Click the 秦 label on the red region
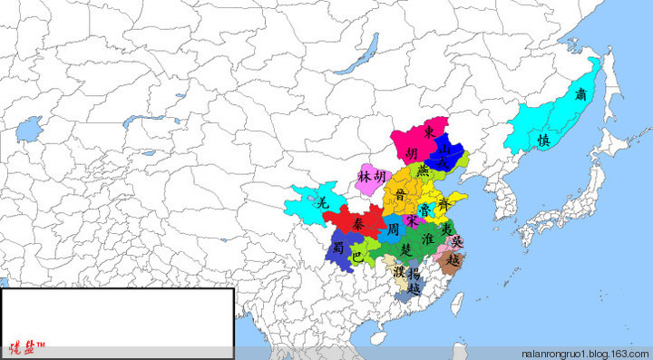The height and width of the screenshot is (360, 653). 359,223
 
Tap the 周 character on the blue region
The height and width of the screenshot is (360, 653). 393,230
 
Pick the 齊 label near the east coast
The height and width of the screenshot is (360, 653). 443,202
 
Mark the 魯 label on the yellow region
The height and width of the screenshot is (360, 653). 426,210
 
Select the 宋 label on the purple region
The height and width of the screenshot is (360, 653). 413,220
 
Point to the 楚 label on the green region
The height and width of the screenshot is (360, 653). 405,248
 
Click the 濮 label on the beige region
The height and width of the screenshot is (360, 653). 399,271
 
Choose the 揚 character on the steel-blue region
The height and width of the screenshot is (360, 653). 414,273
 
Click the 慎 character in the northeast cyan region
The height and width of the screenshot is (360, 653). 543,141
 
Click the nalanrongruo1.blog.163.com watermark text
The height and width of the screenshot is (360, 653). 585,354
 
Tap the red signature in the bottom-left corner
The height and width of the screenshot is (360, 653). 27,348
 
